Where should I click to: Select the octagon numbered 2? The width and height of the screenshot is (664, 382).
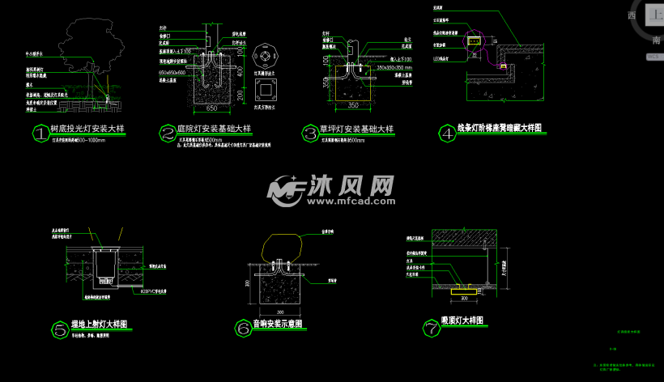[x=168, y=132]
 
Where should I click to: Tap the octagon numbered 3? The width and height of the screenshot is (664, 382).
[x=309, y=132]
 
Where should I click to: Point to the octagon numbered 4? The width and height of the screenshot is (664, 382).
[x=445, y=132]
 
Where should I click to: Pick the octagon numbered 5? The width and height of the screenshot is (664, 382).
[x=59, y=329]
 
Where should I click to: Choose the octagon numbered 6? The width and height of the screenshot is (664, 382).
[x=241, y=329]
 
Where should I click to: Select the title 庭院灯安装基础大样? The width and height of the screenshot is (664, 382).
[x=214, y=129]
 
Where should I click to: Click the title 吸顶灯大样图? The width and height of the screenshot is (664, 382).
[x=462, y=321]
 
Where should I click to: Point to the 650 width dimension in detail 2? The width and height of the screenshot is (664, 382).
[x=211, y=108]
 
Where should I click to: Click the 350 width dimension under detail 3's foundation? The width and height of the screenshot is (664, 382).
[x=352, y=105]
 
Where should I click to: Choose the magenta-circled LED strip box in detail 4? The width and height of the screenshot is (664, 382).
[x=476, y=37]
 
